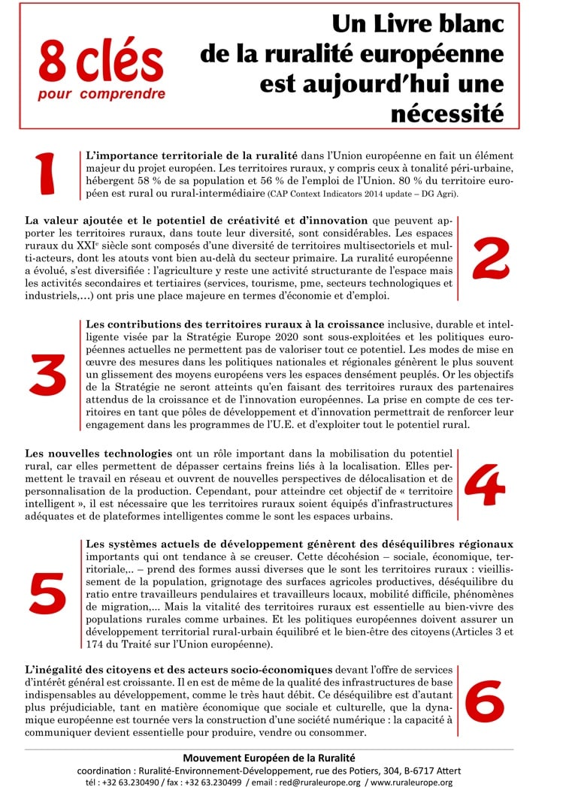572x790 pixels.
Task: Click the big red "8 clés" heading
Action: pos(101,64)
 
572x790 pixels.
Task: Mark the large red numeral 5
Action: pos(49,592)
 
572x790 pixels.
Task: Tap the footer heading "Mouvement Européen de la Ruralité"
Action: pos(269,758)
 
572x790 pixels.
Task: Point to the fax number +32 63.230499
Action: pos(213,782)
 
